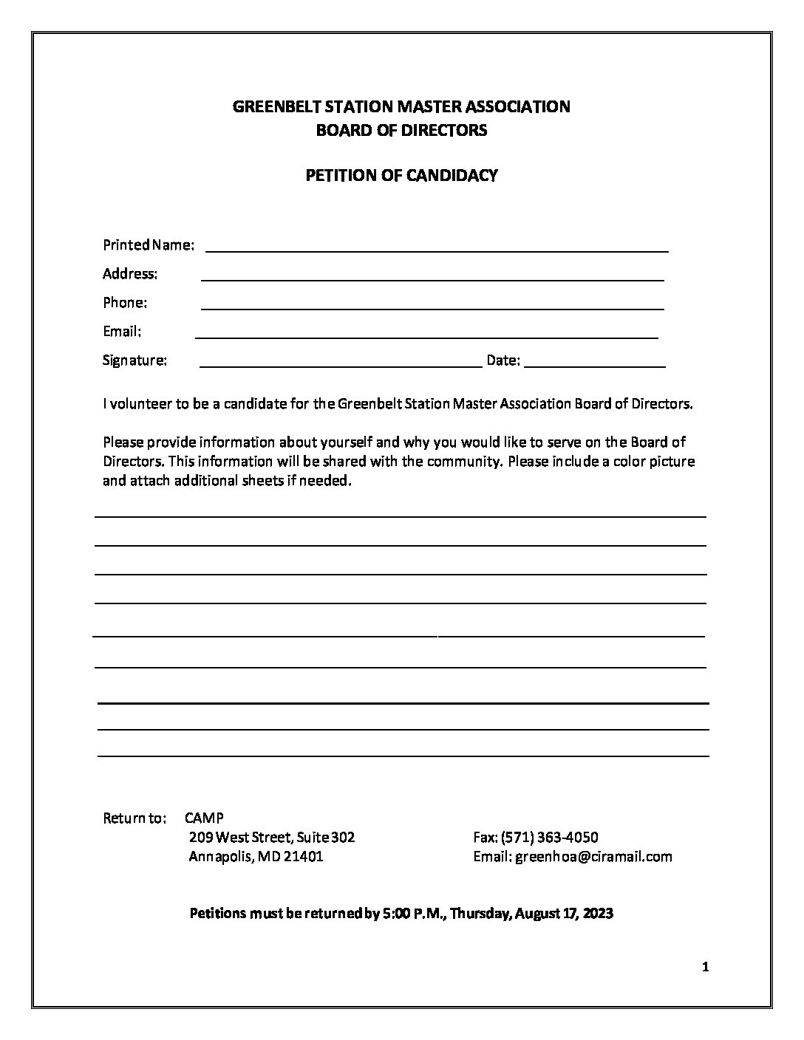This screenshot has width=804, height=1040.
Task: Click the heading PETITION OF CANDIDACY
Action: tap(401, 176)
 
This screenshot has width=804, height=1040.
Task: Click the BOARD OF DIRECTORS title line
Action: tap(401, 131)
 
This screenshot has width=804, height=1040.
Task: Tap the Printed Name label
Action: tap(149, 244)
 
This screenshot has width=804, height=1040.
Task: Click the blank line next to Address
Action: tap(432, 279)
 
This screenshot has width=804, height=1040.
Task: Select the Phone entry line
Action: tap(432, 308)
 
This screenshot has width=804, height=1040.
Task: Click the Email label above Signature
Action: tap(122, 332)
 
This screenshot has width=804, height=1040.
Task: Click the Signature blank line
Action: tap(340, 365)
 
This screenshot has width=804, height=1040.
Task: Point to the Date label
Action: tap(502, 360)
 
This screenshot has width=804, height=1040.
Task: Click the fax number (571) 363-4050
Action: tap(549, 838)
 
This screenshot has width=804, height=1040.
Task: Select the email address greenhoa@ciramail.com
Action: tap(593, 857)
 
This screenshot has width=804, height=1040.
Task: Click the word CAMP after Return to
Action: tap(204, 818)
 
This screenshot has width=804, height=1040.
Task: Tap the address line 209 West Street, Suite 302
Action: tap(272, 838)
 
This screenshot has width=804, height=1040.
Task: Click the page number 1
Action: tap(706, 968)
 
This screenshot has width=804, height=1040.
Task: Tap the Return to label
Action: tap(134, 818)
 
